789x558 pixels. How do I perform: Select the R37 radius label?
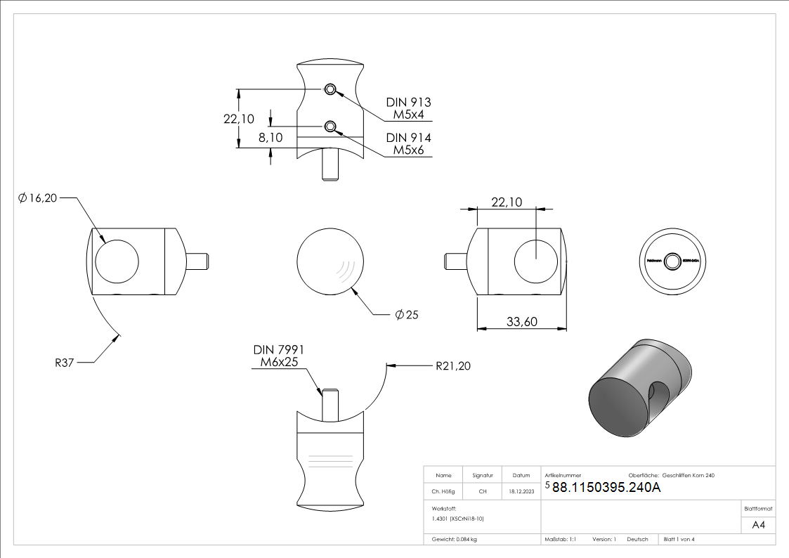point(65,363)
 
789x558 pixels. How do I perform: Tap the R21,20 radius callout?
point(453,365)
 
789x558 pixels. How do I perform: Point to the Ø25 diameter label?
point(407,315)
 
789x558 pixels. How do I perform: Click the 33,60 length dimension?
point(521,322)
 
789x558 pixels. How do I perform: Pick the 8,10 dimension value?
point(270,138)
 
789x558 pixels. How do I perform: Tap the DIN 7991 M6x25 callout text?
point(278,356)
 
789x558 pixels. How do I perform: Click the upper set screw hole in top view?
point(330,89)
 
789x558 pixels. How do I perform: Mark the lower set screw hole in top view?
point(330,126)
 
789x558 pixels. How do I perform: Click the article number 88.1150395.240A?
point(606,488)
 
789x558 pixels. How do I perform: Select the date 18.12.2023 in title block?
point(521,492)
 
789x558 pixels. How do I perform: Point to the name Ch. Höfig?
point(443,492)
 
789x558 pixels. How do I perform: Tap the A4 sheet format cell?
point(759,525)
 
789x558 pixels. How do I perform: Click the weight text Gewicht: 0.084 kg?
point(455,539)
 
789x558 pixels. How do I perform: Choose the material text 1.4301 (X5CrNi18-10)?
point(458,518)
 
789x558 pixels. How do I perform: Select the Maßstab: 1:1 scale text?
point(561,539)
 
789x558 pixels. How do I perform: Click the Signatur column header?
point(483,476)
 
